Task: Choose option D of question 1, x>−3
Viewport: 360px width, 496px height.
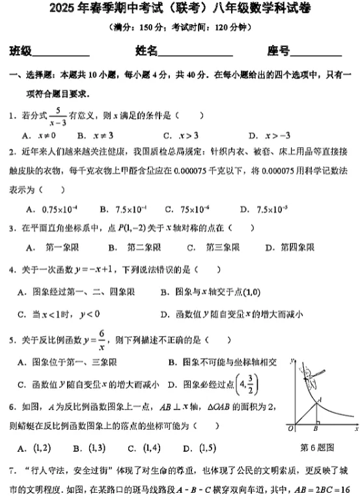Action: point(270,135)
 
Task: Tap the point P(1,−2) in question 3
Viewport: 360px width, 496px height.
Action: point(130,228)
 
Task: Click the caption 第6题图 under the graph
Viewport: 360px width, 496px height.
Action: point(317,447)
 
